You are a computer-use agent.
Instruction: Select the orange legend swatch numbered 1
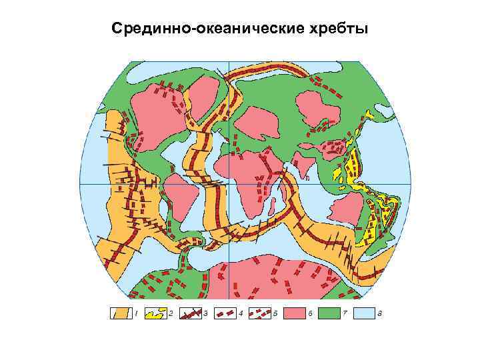pos(119,313)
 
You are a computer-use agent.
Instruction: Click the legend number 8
pos(380,313)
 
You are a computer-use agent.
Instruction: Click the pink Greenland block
pos(213,93)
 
